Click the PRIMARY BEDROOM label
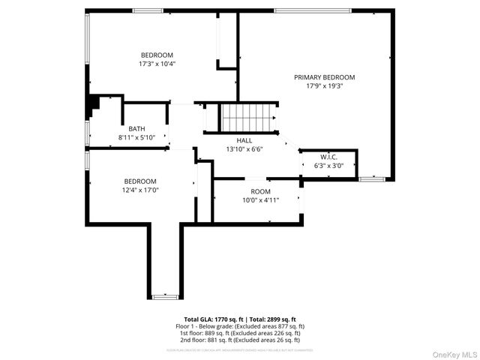point(324,77)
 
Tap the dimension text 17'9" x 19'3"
point(324,86)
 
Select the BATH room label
point(136,128)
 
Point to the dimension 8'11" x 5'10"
point(136,137)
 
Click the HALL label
point(244,140)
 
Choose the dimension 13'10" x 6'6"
point(244,149)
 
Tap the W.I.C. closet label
point(328,157)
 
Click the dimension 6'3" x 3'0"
point(328,166)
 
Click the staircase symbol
point(244,118)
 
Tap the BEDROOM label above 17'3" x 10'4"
point(157,55)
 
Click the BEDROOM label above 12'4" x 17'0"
point(140,181)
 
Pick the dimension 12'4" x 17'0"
point(140,190)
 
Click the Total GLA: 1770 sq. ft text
point(211,319)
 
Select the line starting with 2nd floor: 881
point(240,340)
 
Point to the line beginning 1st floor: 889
point(240,333)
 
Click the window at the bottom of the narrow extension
point(166,297)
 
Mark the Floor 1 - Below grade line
point(240,326)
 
